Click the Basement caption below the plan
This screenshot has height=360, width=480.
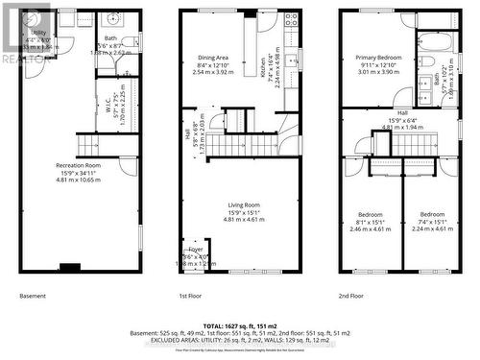point(34,296)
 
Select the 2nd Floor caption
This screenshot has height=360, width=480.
point(351,296)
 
